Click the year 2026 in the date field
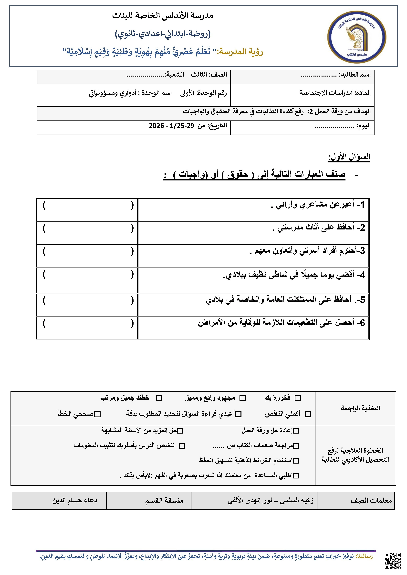pos(156,126)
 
